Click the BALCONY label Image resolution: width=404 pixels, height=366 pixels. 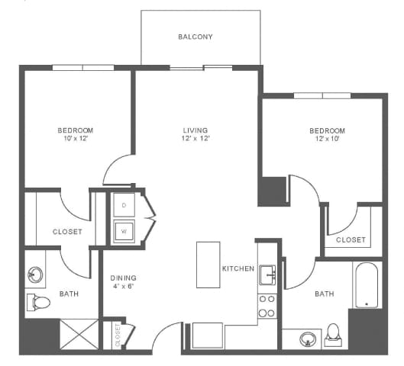[195, 37]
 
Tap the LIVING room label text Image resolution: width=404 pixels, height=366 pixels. [195, 130]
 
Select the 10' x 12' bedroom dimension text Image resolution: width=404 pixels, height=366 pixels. [75, 139]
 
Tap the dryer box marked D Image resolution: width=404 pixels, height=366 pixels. [124, 204]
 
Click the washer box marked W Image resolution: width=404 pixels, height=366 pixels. [124, 230]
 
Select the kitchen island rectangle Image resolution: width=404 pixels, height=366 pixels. [208, 265]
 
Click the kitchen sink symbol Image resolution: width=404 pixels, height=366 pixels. [267, 273]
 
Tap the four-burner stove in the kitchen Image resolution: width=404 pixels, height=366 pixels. [267, 306]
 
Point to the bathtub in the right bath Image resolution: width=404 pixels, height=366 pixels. [367, 286]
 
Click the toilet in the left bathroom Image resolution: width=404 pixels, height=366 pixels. [38, 302]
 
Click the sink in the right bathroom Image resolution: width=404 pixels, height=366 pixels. [307, 338]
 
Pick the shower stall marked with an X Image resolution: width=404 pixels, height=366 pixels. [79, 335]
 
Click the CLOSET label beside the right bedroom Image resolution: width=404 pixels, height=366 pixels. [351, 239]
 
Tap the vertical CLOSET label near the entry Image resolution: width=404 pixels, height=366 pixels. [118, 335]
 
